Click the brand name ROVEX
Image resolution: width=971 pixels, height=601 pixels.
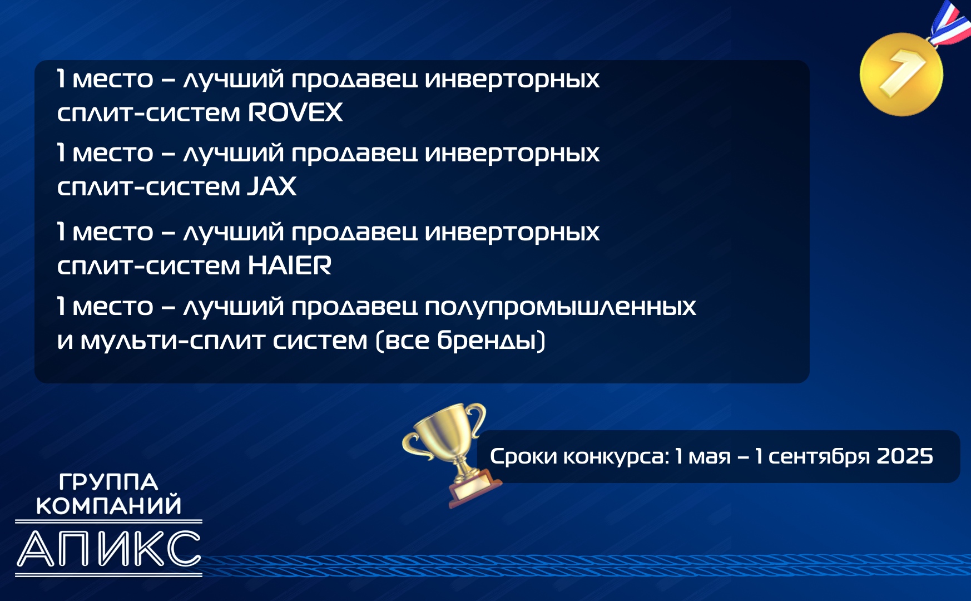coord(295,112)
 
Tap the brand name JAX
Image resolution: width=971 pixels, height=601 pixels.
coord(272,186)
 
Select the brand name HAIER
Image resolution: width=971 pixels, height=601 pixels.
coord(290,265)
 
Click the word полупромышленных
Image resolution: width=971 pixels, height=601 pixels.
coord(561,307)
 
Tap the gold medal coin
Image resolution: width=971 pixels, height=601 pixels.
coord(901,75)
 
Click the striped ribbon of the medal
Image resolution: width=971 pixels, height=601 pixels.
coord(950,23)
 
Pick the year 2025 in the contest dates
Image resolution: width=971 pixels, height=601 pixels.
coord(905,456)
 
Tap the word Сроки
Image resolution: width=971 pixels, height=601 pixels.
coord(523,457)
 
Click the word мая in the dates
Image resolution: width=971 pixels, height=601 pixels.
coord(710,457)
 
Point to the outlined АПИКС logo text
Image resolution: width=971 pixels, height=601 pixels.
coord(109,549)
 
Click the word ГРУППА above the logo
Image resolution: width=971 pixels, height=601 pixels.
coord(108,482)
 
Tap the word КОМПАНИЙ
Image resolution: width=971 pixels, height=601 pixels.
coord(109,505)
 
